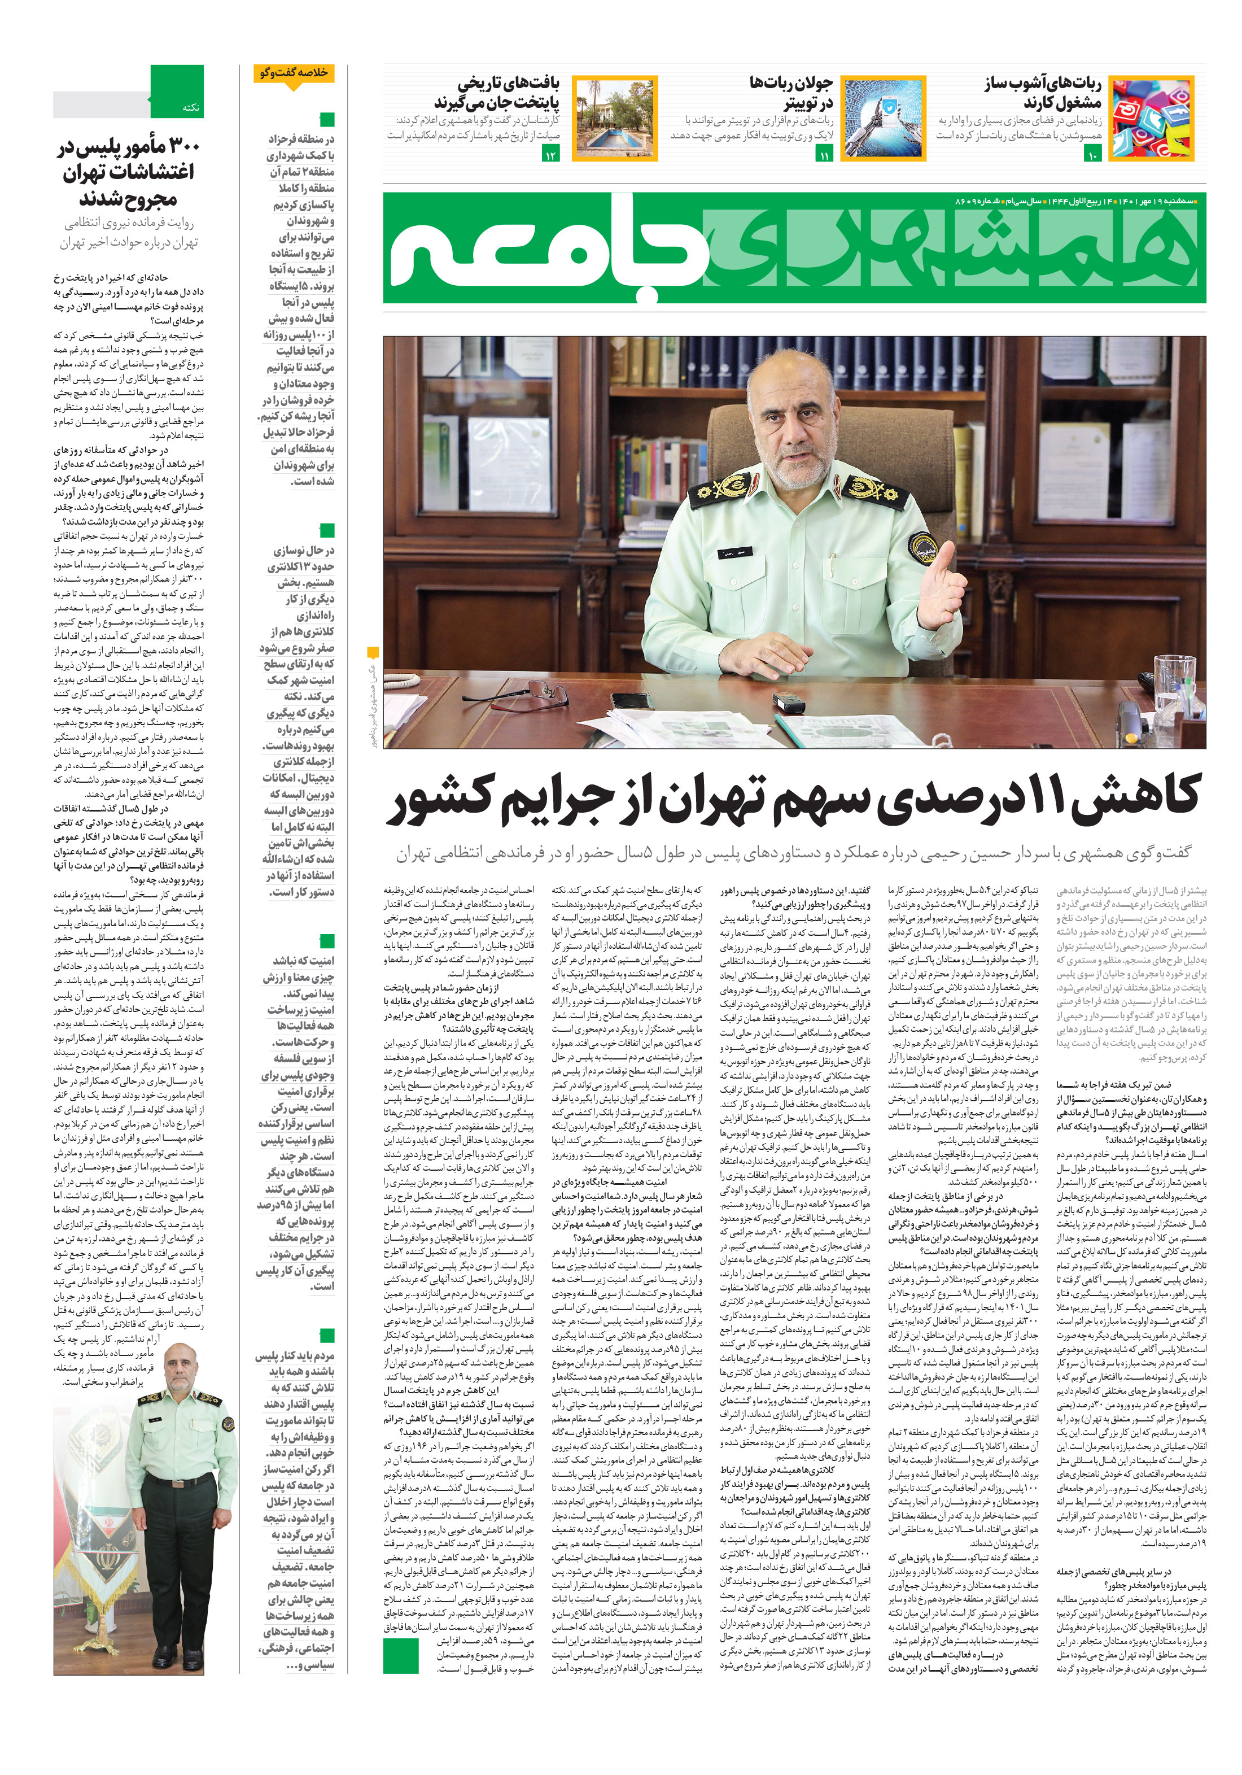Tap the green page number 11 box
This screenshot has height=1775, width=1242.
pos(824,155)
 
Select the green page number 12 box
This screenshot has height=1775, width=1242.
pos(550,155)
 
